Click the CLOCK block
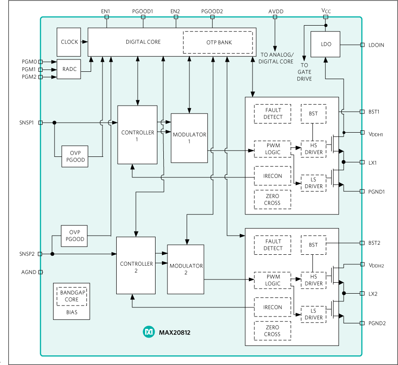pyautogui.click(x=69, y=42)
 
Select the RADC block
pyautogui.click(x=69, y=69)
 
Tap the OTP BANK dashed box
pyautogui.click(x=218, y=42)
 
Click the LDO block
pyautogui.click(x=325, y=44)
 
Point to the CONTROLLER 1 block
pyautogui.click(x=137, y=135)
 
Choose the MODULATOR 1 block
pyautogui.click(x=189, y=138)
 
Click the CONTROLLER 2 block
pyautogui.click(x=136, y=266)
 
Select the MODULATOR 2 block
pyautogui.click(x=186, y=269)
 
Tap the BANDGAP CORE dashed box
pyautogui.click(x=71, y=296)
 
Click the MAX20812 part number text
pyautogui.click(x=174, y=333)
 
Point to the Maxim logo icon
pyautogui.click(x=149, y=332)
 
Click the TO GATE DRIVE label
pyautogui.click(x=304, y=72)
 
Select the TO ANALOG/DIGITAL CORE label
pyautogui.click(x=276, y=58)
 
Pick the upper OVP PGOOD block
pyautogui.click(x=75, y=156)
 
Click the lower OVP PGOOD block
pyautogui.click(x=74, y=236)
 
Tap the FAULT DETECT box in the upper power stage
pyautogui.click(x=273, y=113)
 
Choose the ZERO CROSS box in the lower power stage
pyautogui.click(x=272, y=331)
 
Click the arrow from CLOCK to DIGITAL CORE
pyautogui.click(x=84, y=42)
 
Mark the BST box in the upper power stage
pyautogui.click(x=313, y=113)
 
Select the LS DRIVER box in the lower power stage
pyautogui.click(x=313, y=314)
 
